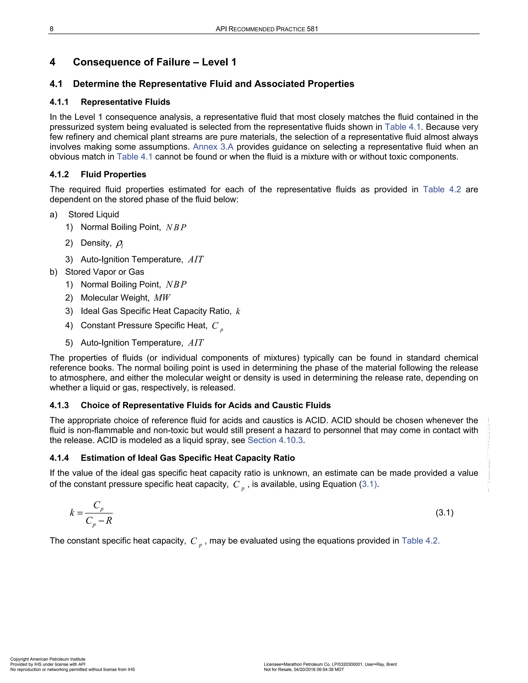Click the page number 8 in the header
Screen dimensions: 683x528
tap(52, 29)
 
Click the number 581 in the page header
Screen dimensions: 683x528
tap(312, 29)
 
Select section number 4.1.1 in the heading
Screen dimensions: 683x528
tap(59, 102)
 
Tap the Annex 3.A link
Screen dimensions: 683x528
tap(213, 147)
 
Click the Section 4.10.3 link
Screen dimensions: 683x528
tap(275, 440)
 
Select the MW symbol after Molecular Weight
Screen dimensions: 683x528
tap(162, 298)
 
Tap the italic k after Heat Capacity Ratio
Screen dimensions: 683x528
tap(238, 312)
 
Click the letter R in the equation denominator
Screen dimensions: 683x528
tap(109, 520)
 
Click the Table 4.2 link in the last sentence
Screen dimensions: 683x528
tap(420, 541)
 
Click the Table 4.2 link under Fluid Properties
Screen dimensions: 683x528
tap(442, 189)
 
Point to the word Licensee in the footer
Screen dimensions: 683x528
tap(273, 664)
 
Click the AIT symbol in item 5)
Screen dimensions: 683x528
tap(196, 343)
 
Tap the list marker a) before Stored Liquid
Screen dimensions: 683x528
tap(53, 214)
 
